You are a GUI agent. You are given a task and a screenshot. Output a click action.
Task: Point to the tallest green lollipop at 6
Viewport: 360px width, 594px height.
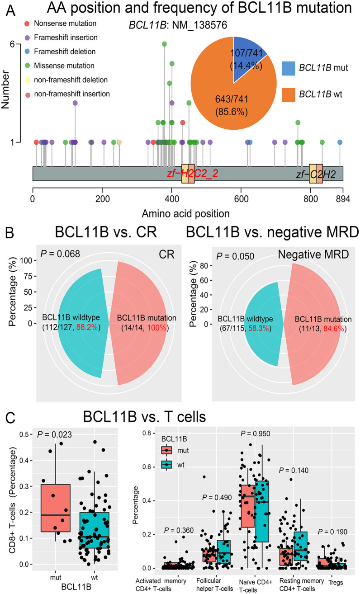coord(165,44)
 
